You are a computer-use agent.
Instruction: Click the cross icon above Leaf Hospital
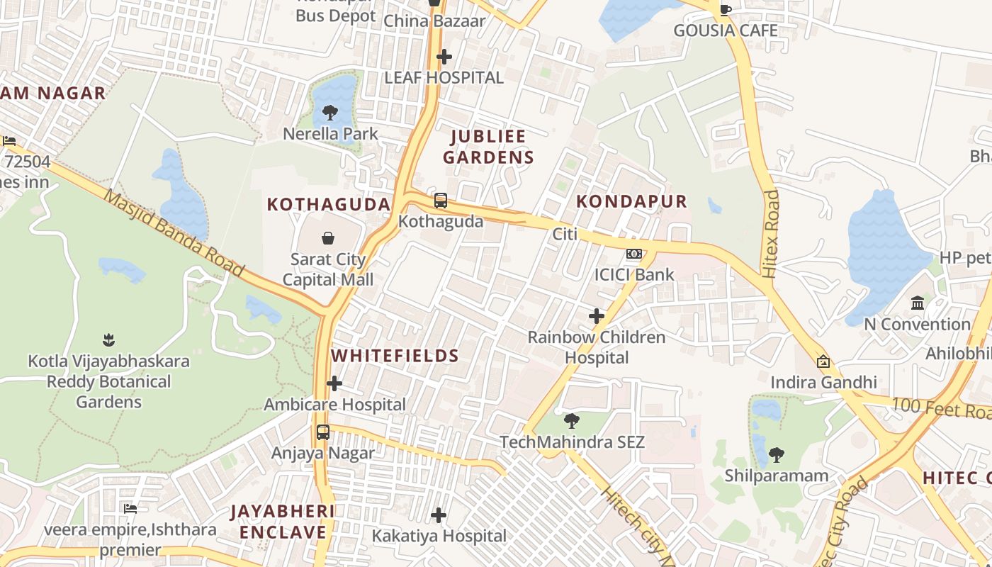coord(444,56)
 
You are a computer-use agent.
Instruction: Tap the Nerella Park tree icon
coord(329,112)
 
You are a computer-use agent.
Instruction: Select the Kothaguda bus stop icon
coord(441,201)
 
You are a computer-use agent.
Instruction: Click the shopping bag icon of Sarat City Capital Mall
coord(328,238)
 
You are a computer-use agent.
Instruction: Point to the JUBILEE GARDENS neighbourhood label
coord(488,147)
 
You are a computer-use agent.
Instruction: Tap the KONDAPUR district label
coord(631,201)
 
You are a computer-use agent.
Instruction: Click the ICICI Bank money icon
coord(634,254)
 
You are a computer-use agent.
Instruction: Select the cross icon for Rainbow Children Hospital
coord(597,316)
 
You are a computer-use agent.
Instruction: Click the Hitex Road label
coord(771,232)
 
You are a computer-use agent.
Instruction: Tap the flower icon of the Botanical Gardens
coord(108,340)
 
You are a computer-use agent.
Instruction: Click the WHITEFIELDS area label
coord(395,356)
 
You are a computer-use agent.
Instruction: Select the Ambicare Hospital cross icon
coord(334,384)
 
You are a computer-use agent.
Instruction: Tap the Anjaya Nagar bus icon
coord(323,432)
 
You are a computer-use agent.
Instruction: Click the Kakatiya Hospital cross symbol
coord(439,515)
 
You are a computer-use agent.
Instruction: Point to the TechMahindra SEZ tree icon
coord(571,421)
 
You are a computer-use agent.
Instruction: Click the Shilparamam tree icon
coord(777,454)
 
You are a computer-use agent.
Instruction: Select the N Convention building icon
coord(918,303)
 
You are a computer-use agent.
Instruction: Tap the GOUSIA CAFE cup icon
coord(725,10)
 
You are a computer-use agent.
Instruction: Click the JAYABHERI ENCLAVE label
coord(283,522)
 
